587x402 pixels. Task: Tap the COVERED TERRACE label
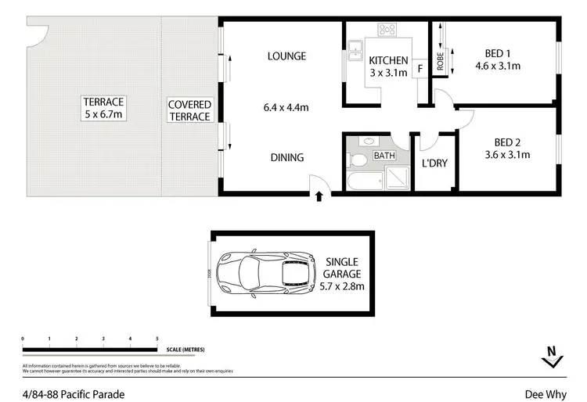point(190,110)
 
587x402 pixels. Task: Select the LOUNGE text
point(286,56)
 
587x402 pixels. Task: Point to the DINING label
point(287,157)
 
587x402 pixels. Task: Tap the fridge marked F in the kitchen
point(420,68)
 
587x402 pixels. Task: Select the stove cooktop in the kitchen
point(387,31)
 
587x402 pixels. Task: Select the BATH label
point(384,156)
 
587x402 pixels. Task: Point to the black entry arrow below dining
point(319,198)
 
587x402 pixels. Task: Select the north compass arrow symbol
point(552,359)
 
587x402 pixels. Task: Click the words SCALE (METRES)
point(184,349)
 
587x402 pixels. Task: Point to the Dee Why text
point(556,393)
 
